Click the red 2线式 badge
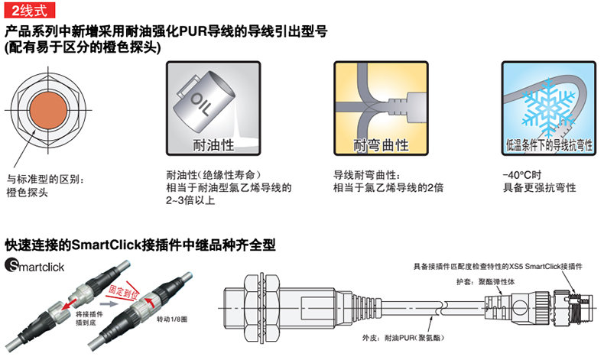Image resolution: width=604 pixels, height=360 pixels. pos(30,10)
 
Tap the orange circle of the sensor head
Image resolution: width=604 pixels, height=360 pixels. pos(48,111)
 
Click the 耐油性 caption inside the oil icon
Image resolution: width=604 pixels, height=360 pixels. pos(213,145)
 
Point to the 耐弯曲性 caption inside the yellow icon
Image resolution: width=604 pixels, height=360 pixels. pos(381,145)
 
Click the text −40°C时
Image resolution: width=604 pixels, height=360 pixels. pos(522,175)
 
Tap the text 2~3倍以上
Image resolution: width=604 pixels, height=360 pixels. pos(190,200)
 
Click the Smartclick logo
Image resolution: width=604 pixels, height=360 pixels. pos(34,266)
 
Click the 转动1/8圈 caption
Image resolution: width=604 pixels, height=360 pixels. pos(172,319)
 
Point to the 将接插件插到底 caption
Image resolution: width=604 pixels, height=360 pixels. pos(89,319)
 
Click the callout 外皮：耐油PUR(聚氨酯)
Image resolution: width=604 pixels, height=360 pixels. pos(403,338)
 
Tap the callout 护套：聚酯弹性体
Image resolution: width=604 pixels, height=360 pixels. pos(485,282)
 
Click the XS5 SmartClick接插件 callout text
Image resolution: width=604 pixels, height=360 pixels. pos(498,266)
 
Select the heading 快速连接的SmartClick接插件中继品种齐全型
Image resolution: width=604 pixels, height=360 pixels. pos(140,245)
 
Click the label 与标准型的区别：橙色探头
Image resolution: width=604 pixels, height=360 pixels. pos(45,186)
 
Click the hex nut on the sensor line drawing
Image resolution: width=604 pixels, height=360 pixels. pos(262,308)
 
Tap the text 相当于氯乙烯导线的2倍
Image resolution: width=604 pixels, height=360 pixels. pos(388,187)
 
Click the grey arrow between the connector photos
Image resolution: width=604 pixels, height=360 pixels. pos(112,303)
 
